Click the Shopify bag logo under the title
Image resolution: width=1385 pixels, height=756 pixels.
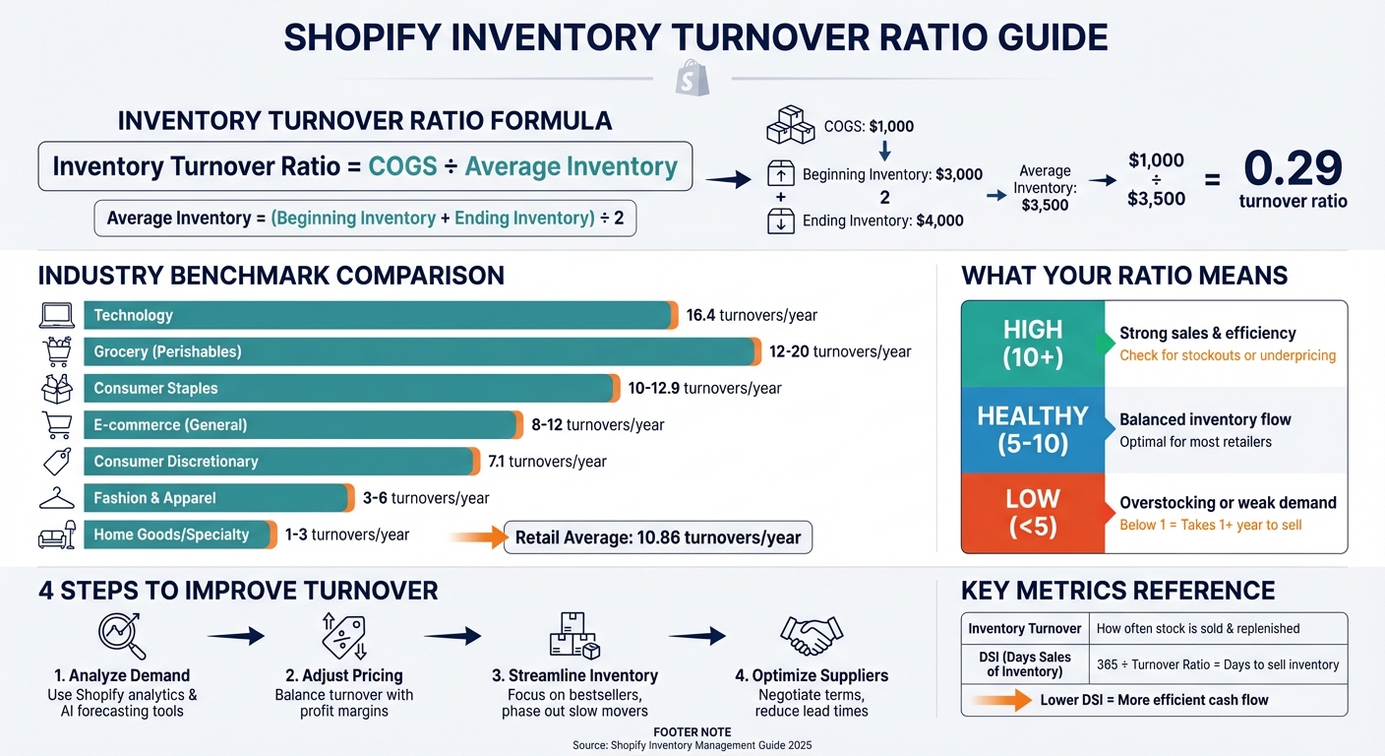point(692,78)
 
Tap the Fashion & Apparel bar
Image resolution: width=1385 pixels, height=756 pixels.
point(218,498)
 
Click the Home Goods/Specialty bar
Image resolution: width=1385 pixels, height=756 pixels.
point(180,535)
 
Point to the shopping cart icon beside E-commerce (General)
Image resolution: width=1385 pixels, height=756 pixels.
point(56,424)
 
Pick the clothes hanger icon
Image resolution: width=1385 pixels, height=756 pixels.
point(56,498)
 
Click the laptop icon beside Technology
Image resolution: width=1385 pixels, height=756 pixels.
point(56,315)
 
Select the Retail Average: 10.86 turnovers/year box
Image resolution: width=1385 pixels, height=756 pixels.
point(657,537)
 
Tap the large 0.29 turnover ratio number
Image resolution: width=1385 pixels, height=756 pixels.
point(1293,168)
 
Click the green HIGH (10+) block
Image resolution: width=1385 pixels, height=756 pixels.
point(1033,344)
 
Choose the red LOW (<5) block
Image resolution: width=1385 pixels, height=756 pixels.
point(1033,512)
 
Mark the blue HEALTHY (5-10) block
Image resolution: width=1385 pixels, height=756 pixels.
point(1033,429)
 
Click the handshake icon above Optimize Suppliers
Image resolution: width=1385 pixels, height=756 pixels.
point(811,635)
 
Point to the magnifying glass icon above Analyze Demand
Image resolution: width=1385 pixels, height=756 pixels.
point(122,635)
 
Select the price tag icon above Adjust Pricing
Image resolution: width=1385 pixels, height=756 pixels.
point(344,635)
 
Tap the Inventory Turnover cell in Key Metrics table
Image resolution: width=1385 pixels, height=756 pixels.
point(1024,628)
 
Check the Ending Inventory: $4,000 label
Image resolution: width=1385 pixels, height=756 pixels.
point(882,220)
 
